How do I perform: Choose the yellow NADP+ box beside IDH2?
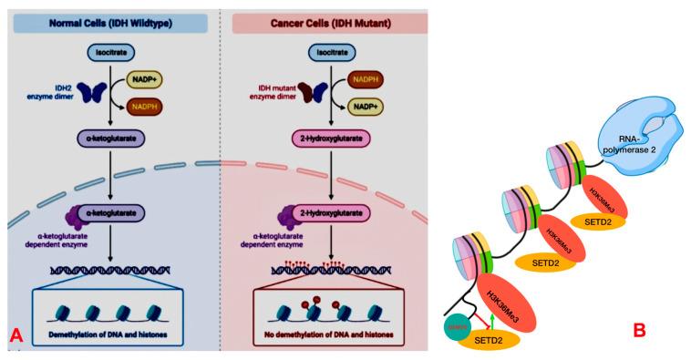[147, 81]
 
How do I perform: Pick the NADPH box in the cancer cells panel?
[363, 81]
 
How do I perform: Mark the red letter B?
[639, 329]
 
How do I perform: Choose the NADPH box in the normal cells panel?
[147, 108]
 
